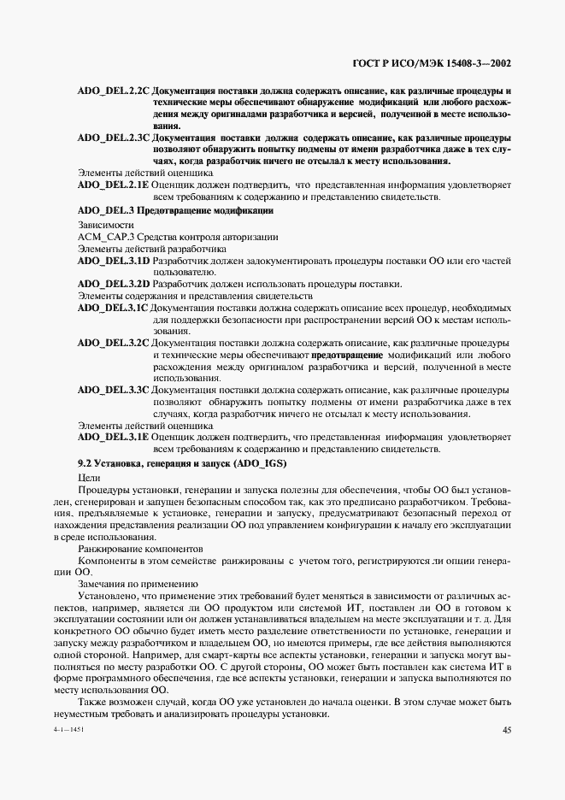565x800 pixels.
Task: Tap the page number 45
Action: [x=506, y=729]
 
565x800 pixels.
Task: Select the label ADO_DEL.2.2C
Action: [x=113, y=91]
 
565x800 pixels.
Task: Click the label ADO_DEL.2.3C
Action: [x=113, y=137]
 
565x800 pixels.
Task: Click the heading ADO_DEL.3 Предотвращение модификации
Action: [x=175, y=210]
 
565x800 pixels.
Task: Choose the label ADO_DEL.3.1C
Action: [x=113, y=308]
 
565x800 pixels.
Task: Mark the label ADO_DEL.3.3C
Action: [x=113, y=389]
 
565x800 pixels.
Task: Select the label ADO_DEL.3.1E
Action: [x=113, y=437]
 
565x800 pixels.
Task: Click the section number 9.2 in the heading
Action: [x=85, y=462]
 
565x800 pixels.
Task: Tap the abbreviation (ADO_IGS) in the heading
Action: [x=264, y=462]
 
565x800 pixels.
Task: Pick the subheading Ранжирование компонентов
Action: [x=141, y=548]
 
